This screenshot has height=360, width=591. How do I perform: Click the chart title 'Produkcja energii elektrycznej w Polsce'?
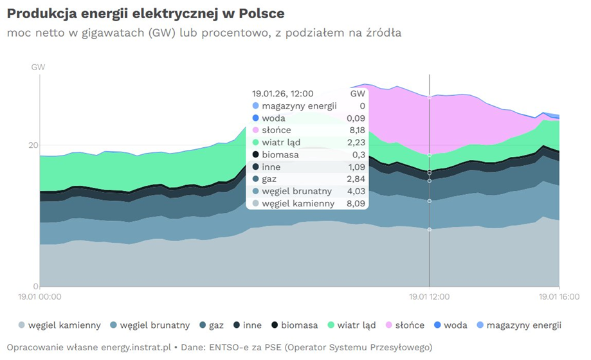coord(145,13)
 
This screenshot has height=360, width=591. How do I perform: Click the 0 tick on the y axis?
coord(35,287)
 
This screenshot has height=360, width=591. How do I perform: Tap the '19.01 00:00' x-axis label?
coord(40,297)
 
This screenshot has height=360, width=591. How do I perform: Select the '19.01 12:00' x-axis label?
coord(429,297)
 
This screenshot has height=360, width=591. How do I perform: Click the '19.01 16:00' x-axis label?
coord(558,297)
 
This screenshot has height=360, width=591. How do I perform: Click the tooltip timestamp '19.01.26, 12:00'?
coord(282,94)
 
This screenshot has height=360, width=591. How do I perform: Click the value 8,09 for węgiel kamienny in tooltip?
coord(355,204)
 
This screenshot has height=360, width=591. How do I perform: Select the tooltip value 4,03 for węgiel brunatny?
coord(355,192)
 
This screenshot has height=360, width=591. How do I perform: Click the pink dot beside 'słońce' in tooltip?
coord(255,130)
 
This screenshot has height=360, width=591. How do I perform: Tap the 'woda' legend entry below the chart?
coord(455,325)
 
